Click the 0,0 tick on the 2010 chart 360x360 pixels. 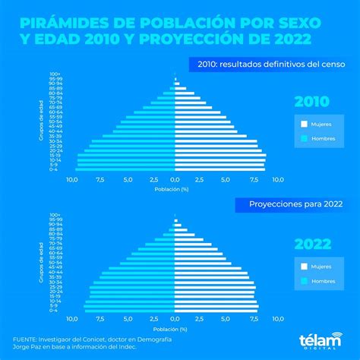175,180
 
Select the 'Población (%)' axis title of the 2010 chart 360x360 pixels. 175,188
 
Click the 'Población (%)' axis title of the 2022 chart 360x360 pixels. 175,330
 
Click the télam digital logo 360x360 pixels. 317,342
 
